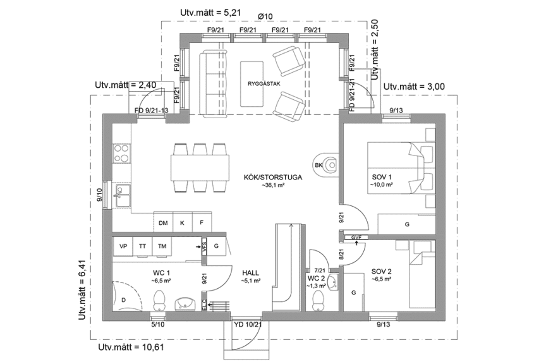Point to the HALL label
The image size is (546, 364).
pyautogui.click(x=250, y=274)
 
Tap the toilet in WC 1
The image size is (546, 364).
pyautogui.click(x=161, y=299)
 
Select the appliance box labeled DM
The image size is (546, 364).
pyautogui.click(x=163, y=223)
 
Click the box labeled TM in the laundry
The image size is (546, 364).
pyautogui.click(x=162, y=246)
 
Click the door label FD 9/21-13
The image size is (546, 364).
pyautogui.click(x=151, y=111)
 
